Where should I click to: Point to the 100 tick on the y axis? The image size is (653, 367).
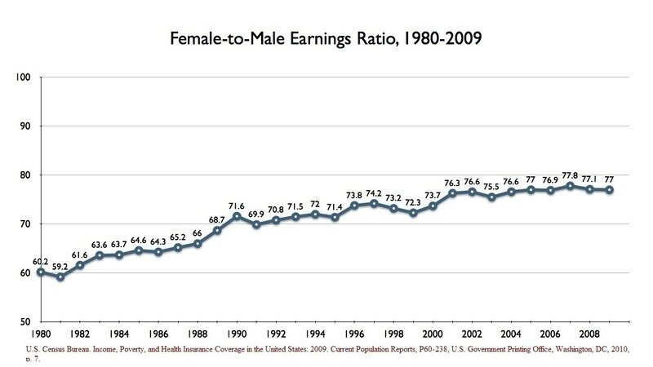23,77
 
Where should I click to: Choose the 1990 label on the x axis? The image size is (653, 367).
237,334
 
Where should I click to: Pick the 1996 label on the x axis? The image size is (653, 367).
353,334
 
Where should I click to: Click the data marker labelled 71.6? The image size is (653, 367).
237,216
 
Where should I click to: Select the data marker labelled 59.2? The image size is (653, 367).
60,276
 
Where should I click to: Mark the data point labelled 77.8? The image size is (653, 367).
569,186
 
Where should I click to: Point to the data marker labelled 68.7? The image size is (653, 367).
217,230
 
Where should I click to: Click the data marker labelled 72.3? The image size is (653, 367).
412,213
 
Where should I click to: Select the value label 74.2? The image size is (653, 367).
373,192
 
